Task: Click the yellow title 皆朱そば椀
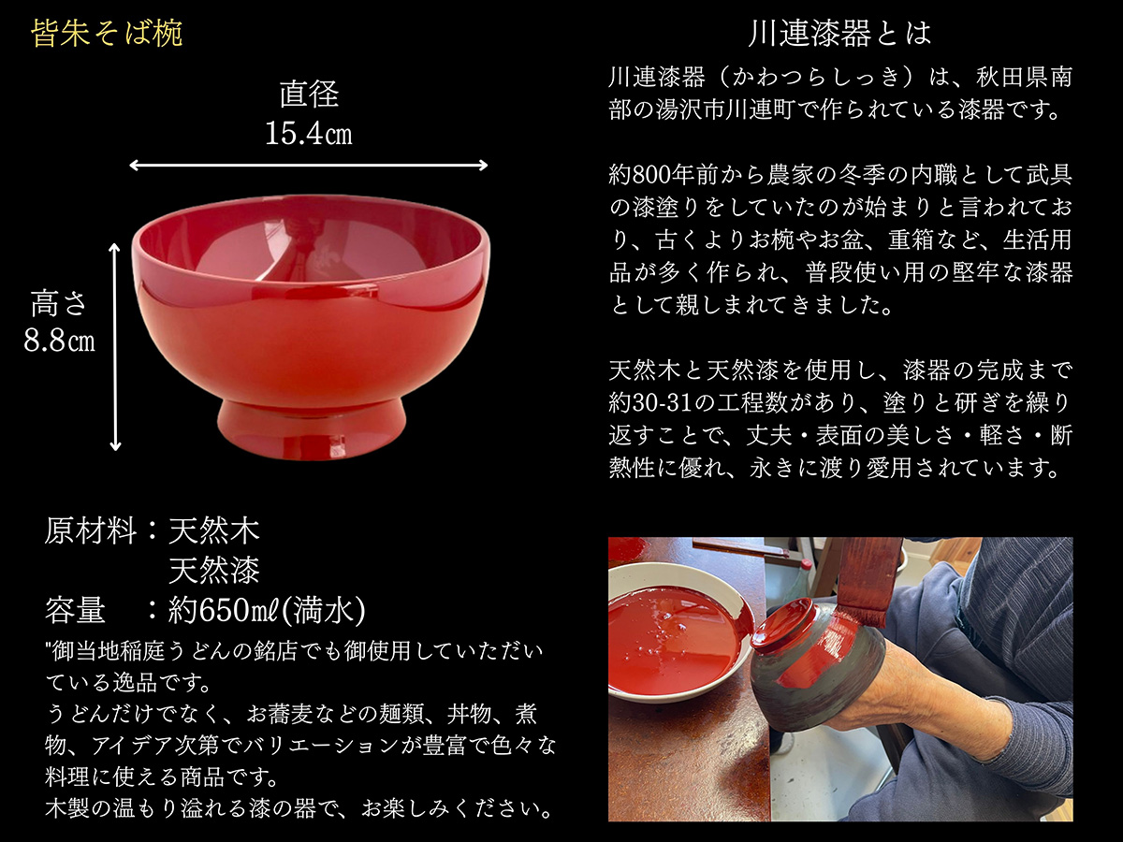107,35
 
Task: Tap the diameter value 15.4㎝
308,134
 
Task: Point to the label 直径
308,94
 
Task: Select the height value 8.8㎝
59,341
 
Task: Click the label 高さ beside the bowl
59,304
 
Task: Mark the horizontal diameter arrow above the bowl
308,166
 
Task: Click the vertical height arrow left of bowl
116,346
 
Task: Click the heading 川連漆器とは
839,35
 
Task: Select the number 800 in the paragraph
659,174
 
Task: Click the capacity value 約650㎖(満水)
267,611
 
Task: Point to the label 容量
75,611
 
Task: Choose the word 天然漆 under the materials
213,570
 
